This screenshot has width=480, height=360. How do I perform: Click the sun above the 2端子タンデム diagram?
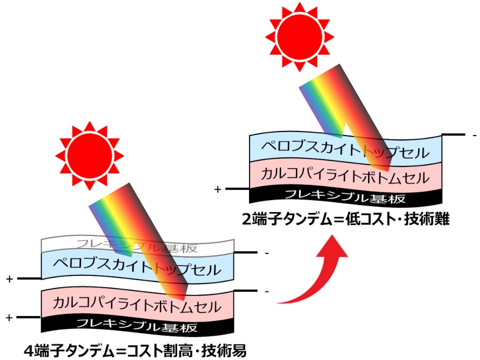click(299, 36)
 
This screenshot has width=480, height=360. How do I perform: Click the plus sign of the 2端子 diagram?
click(217, 189)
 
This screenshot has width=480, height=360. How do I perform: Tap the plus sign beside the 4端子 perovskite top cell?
click(9, 279)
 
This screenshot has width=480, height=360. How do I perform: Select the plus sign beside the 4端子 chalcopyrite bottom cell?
click(9, 317)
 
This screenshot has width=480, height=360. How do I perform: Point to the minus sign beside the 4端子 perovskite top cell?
click(266, 253)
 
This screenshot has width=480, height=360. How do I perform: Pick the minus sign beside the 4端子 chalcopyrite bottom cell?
click(266, 291)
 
